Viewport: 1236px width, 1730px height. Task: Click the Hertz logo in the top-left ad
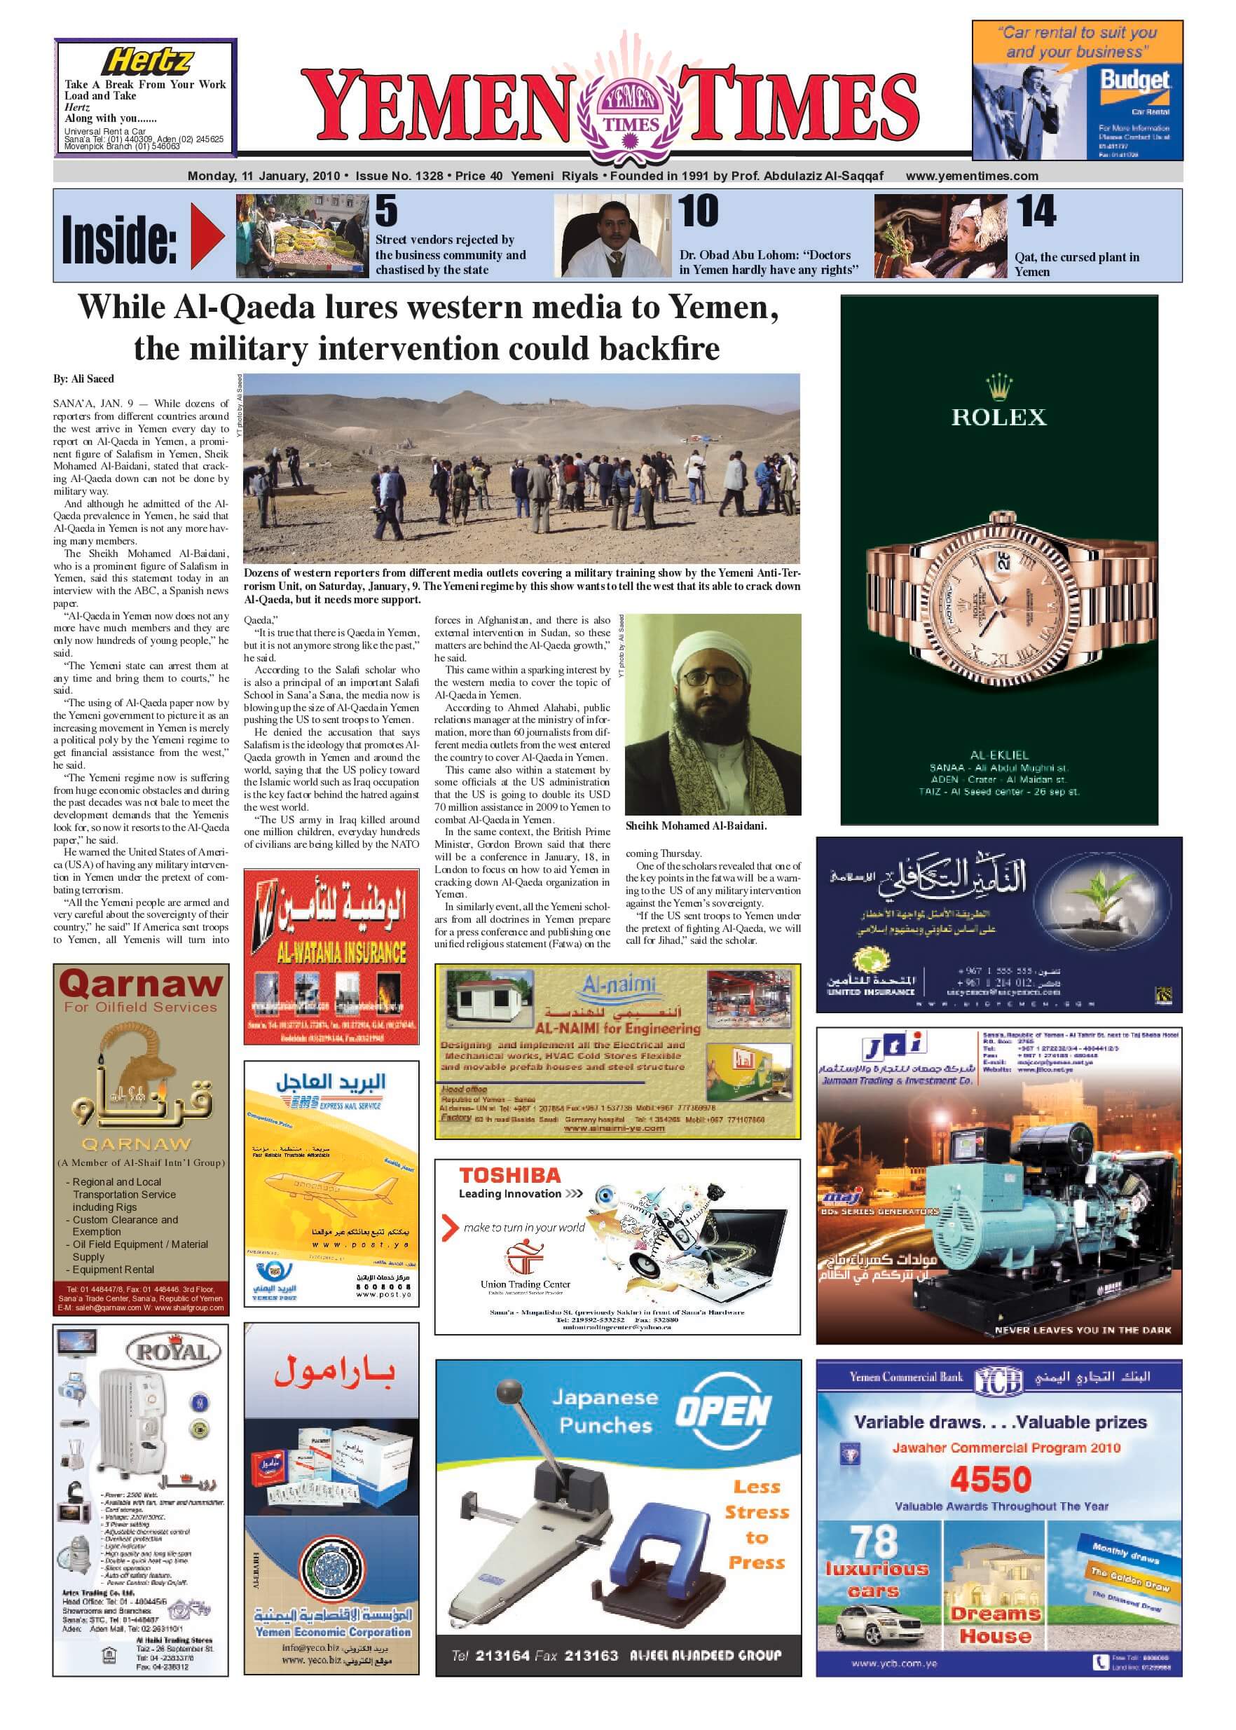148,61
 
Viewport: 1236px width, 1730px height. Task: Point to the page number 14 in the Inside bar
1036,212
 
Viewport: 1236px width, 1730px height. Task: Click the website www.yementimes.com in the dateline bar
971,176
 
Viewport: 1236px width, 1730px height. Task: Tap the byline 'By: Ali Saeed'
83,378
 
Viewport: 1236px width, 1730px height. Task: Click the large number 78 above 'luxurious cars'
874,1543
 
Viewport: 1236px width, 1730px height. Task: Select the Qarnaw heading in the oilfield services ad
141,984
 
